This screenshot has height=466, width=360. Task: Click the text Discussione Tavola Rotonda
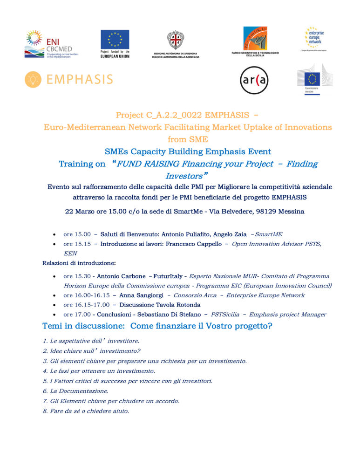point(156,305)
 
